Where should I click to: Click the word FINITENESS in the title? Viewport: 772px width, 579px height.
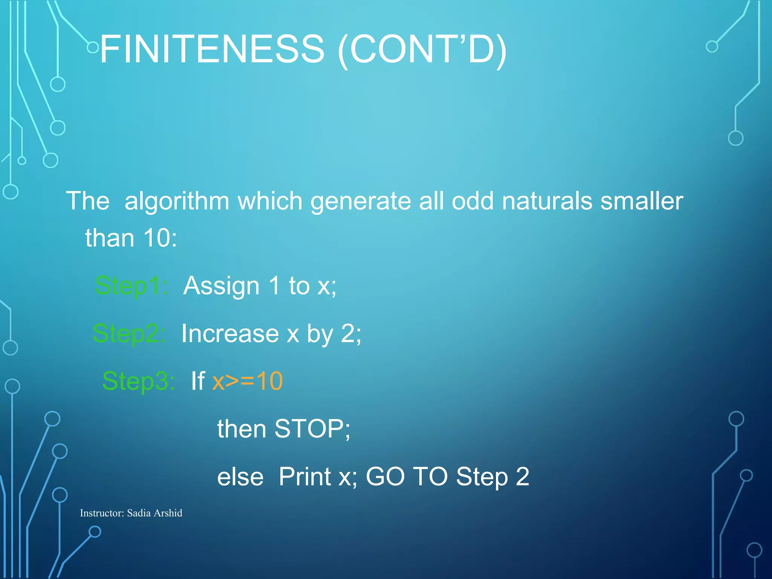[x=212, y=49]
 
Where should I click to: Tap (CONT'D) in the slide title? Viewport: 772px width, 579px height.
[x=422, y=50]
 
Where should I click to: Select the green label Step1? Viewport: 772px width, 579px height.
[x=131, y=286]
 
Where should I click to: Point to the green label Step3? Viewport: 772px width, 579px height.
[x=138, y=381]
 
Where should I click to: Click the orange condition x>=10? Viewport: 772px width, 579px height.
[x=247, y=381]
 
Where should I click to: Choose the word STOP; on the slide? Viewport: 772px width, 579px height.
[x=312, y=429]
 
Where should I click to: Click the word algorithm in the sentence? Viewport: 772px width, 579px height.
[x=177, y=201]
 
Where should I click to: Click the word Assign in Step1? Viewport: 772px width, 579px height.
[x=222, y=286]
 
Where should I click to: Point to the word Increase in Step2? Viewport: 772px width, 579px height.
[x=230, y=334]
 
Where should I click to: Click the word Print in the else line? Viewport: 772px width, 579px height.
[x=305, y=477]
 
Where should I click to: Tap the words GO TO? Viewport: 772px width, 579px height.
[x=407, y=477]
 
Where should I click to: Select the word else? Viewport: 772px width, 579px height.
[x=240, y=477]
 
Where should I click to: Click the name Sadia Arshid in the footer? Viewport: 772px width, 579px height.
[x=155, y=513]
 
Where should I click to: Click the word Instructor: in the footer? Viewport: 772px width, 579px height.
[x=102, y=513]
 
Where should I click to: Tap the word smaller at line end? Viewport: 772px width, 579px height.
[x=642, y=201]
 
